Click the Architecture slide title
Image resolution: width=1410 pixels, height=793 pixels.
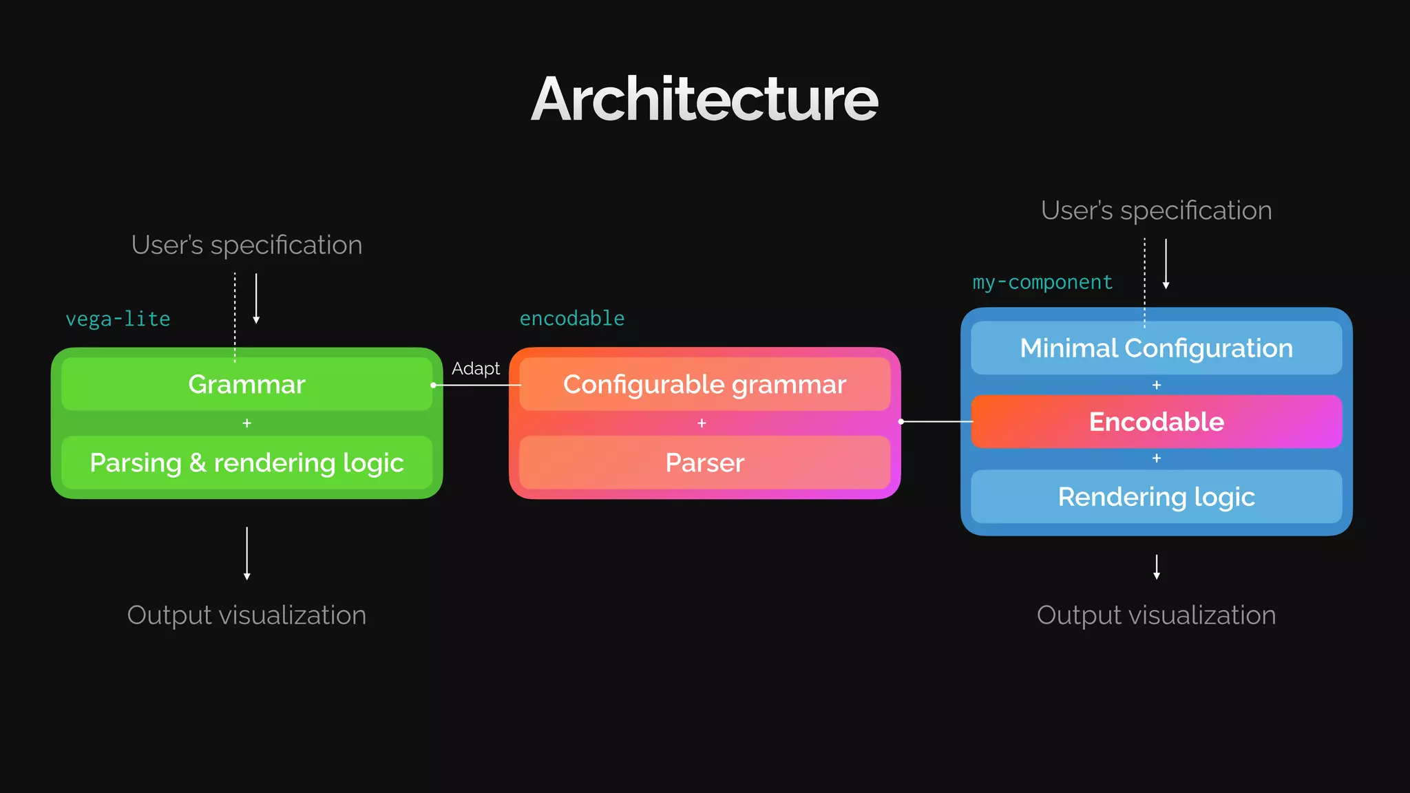tap(704, 99)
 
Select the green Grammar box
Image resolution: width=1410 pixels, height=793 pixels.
tap(246, 384)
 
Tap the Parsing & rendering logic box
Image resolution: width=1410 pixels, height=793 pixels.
tap(246, 463)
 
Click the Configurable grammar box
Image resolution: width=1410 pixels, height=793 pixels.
tap(704, 384)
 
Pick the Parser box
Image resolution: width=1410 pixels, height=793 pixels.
tap(704, 463)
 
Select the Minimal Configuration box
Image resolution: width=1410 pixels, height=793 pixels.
tap(1156, 348)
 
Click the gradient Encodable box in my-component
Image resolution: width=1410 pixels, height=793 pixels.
tap(1156, 421)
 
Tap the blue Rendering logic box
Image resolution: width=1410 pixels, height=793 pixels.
tap(1156, 496)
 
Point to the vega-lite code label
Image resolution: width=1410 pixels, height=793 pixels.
tap(118, 319)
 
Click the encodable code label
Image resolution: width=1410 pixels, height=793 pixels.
tap(571, 318)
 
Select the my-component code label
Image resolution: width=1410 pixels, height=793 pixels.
tap(1042, 282)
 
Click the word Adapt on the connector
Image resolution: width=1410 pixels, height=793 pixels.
tap(475, 368)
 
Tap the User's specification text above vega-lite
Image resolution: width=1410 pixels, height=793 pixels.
tap(246, 245)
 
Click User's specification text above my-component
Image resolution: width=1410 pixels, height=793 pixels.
tap(1156, 211)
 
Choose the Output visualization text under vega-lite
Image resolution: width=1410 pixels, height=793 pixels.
tap(246, 615)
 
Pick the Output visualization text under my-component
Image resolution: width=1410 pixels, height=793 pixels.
tap(1156, 615)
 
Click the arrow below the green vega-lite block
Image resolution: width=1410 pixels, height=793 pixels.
tap(246, 553)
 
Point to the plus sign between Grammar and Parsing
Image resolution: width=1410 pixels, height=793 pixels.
tap(246, 423)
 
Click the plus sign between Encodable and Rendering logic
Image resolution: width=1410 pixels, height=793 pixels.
tap(1156, 458)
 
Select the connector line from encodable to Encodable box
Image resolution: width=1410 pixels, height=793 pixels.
tap(936, 421)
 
